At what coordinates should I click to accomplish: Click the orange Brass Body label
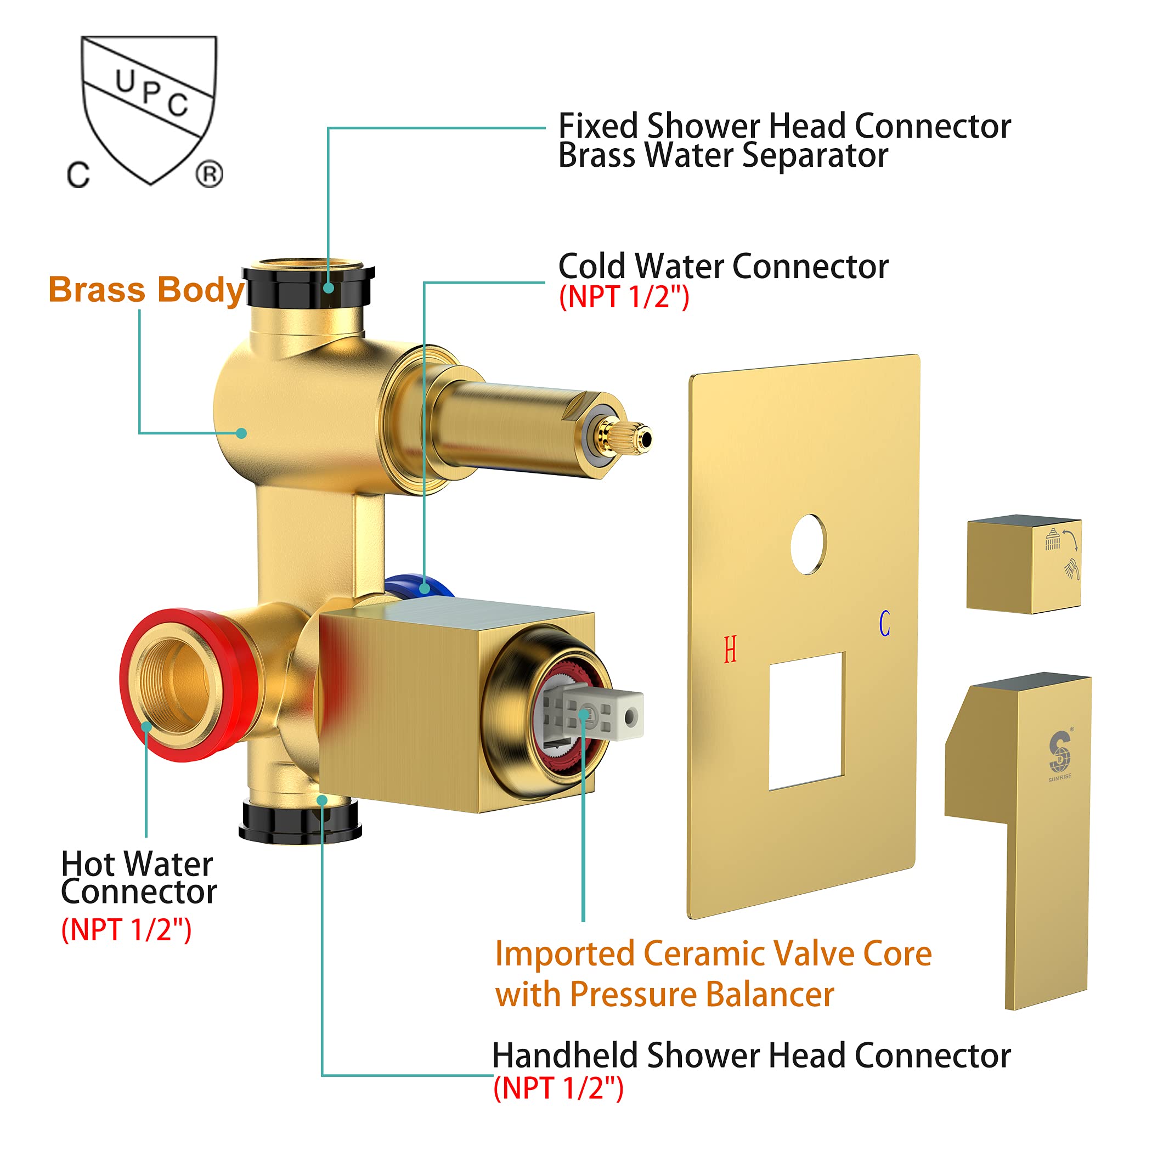[146, 290]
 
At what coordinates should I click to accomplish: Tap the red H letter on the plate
[730, 650]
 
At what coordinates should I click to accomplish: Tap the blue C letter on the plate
[884, 624]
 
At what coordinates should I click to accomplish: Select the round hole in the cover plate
[809, 544]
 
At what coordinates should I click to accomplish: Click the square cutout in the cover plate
[807, 721]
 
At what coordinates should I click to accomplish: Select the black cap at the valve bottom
[300, 823]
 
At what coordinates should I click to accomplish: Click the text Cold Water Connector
[722, 267]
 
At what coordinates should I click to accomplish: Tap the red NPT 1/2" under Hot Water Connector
[126, 930]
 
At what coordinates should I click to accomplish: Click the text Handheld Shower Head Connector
[750, 1056]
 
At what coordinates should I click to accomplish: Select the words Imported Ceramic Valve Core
[713, 953]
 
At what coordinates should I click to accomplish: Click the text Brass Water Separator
[722, 156]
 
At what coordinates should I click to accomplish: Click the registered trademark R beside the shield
[210, 174]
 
